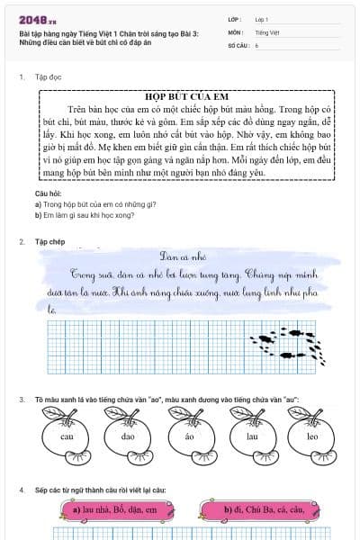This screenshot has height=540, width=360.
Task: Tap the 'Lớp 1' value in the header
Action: coord(262,19)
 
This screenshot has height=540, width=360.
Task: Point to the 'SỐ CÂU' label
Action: coord(237,44)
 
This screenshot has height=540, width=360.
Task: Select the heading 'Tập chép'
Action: coord(49,217)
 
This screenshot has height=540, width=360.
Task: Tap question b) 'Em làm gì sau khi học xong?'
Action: coord(85,215)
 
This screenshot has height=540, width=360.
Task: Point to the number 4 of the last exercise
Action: coord(21,490)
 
